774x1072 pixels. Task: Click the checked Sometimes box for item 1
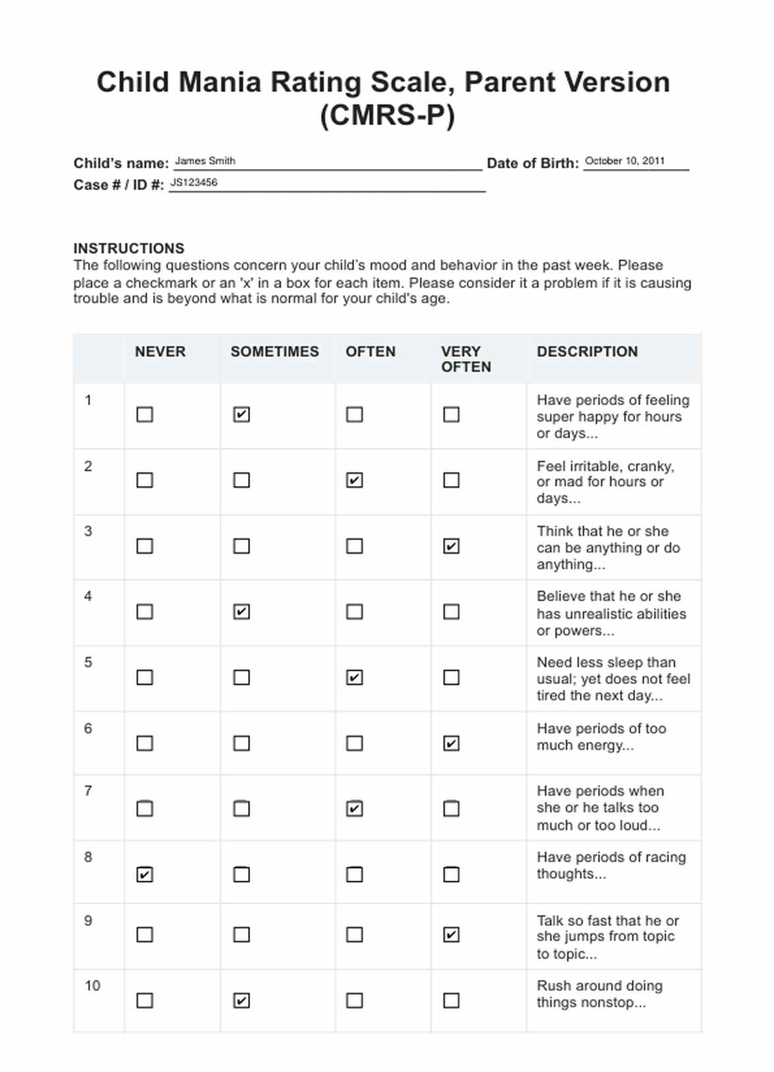click(x=242, y=414)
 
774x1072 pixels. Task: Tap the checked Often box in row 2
click(x=354, y=480)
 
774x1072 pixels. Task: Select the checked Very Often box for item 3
click(x=451, y=546)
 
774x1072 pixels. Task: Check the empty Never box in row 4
click(x=145, y=612)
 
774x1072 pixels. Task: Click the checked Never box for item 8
click(x=145, y=874)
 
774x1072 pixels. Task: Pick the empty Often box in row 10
click(x=354, y=1000)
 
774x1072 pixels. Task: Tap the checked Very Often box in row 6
click(x=451, y=743)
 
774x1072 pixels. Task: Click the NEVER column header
click(x=160, y=352)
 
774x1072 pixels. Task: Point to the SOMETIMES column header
click(x=274, y=352)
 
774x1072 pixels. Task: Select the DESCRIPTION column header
click(x=587, y=352)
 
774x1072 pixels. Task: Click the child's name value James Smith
click(x=205, y=161)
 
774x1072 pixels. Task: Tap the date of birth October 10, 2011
click(x=625, y=161)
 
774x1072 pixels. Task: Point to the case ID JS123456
click(x=193, y=183)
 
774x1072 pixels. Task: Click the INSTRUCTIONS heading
click(x=129, y=249)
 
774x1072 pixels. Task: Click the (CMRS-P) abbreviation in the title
click(x=387, y=116)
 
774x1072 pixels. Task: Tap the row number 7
click(x=88, y=791)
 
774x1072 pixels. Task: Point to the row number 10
click(x=92, y=986)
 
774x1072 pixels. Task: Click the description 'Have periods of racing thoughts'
click(x=611, y=865)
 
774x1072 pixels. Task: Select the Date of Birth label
click(x=532, y=163)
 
